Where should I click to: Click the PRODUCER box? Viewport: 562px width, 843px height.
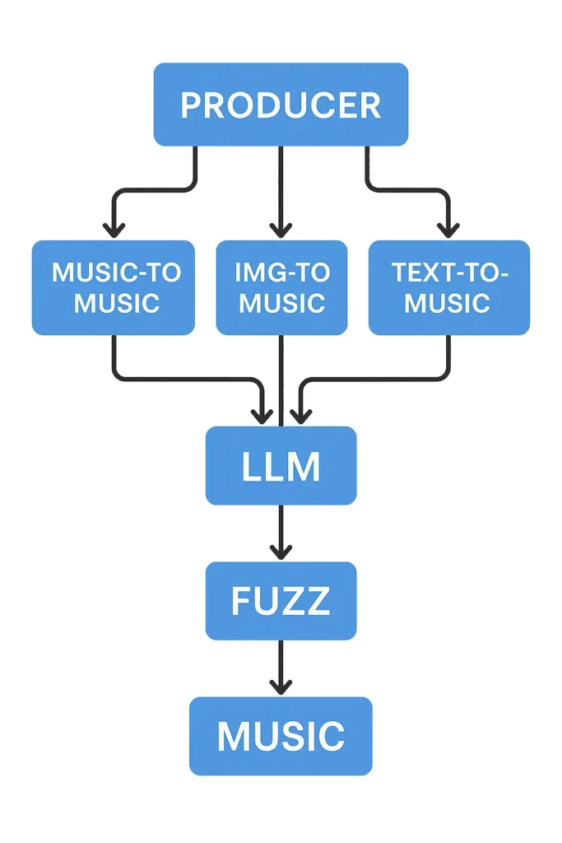(281, 105)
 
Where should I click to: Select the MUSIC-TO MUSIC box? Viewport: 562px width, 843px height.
(113, 287)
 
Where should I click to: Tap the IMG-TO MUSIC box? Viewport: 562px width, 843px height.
(281, 287)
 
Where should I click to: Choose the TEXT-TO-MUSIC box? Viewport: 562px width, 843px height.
(448, 287)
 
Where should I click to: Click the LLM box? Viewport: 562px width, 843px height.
(281, 465)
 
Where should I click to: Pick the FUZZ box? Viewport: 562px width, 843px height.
(281, 601)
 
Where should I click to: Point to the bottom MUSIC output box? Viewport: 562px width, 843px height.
(281, 736)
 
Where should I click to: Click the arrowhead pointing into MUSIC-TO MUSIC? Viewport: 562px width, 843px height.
(114, 229)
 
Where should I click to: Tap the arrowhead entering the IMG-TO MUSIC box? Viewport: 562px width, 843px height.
(281, 229)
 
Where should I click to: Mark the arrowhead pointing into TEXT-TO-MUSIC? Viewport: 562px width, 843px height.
(448, 229)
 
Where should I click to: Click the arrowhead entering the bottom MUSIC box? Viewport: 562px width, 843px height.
(281, 686)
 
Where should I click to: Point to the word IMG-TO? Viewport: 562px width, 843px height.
(281, 272)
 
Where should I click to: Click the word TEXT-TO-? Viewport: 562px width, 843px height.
(449, 272)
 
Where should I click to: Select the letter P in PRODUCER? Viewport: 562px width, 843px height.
(190, 105)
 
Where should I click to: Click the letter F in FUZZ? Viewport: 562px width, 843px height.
(240, 602)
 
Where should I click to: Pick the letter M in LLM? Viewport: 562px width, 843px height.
(303, 466)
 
